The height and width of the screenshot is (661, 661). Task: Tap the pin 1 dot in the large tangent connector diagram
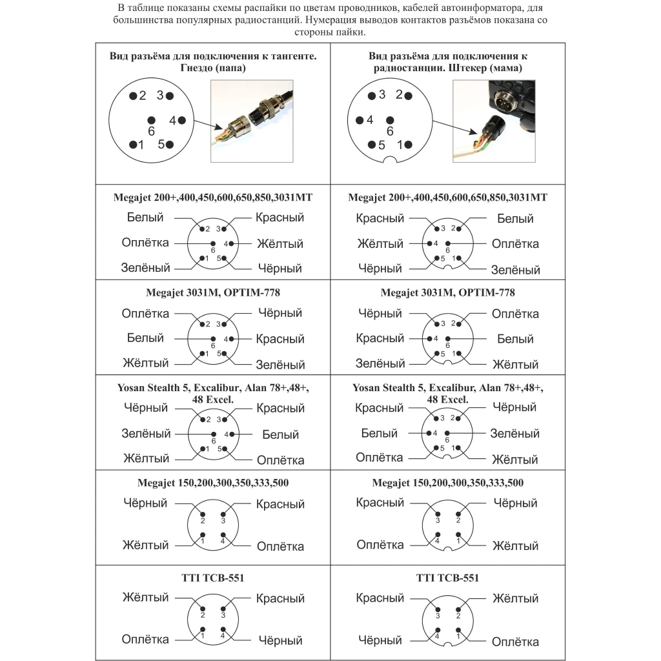133,145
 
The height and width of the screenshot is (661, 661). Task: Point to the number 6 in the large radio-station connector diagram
390,131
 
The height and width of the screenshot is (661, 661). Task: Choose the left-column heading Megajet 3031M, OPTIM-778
212,292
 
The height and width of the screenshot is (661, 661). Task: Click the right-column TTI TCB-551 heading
448,578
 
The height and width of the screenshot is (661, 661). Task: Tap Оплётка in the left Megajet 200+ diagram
145,243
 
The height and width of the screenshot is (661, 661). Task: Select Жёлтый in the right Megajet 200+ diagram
380,244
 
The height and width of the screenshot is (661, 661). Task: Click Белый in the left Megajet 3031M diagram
145,338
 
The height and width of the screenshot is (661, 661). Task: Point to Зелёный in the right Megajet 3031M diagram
380,363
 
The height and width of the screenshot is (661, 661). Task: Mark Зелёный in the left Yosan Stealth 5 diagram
146,434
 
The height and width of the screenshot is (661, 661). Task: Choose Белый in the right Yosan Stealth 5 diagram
379,434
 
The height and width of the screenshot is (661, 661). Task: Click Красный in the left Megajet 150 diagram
280,504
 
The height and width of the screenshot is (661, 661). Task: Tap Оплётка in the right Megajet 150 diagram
380,545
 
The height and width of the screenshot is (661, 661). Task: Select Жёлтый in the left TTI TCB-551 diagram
145,598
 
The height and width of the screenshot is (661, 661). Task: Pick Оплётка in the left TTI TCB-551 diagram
145,640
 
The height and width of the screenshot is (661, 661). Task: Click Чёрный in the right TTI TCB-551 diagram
380,640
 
